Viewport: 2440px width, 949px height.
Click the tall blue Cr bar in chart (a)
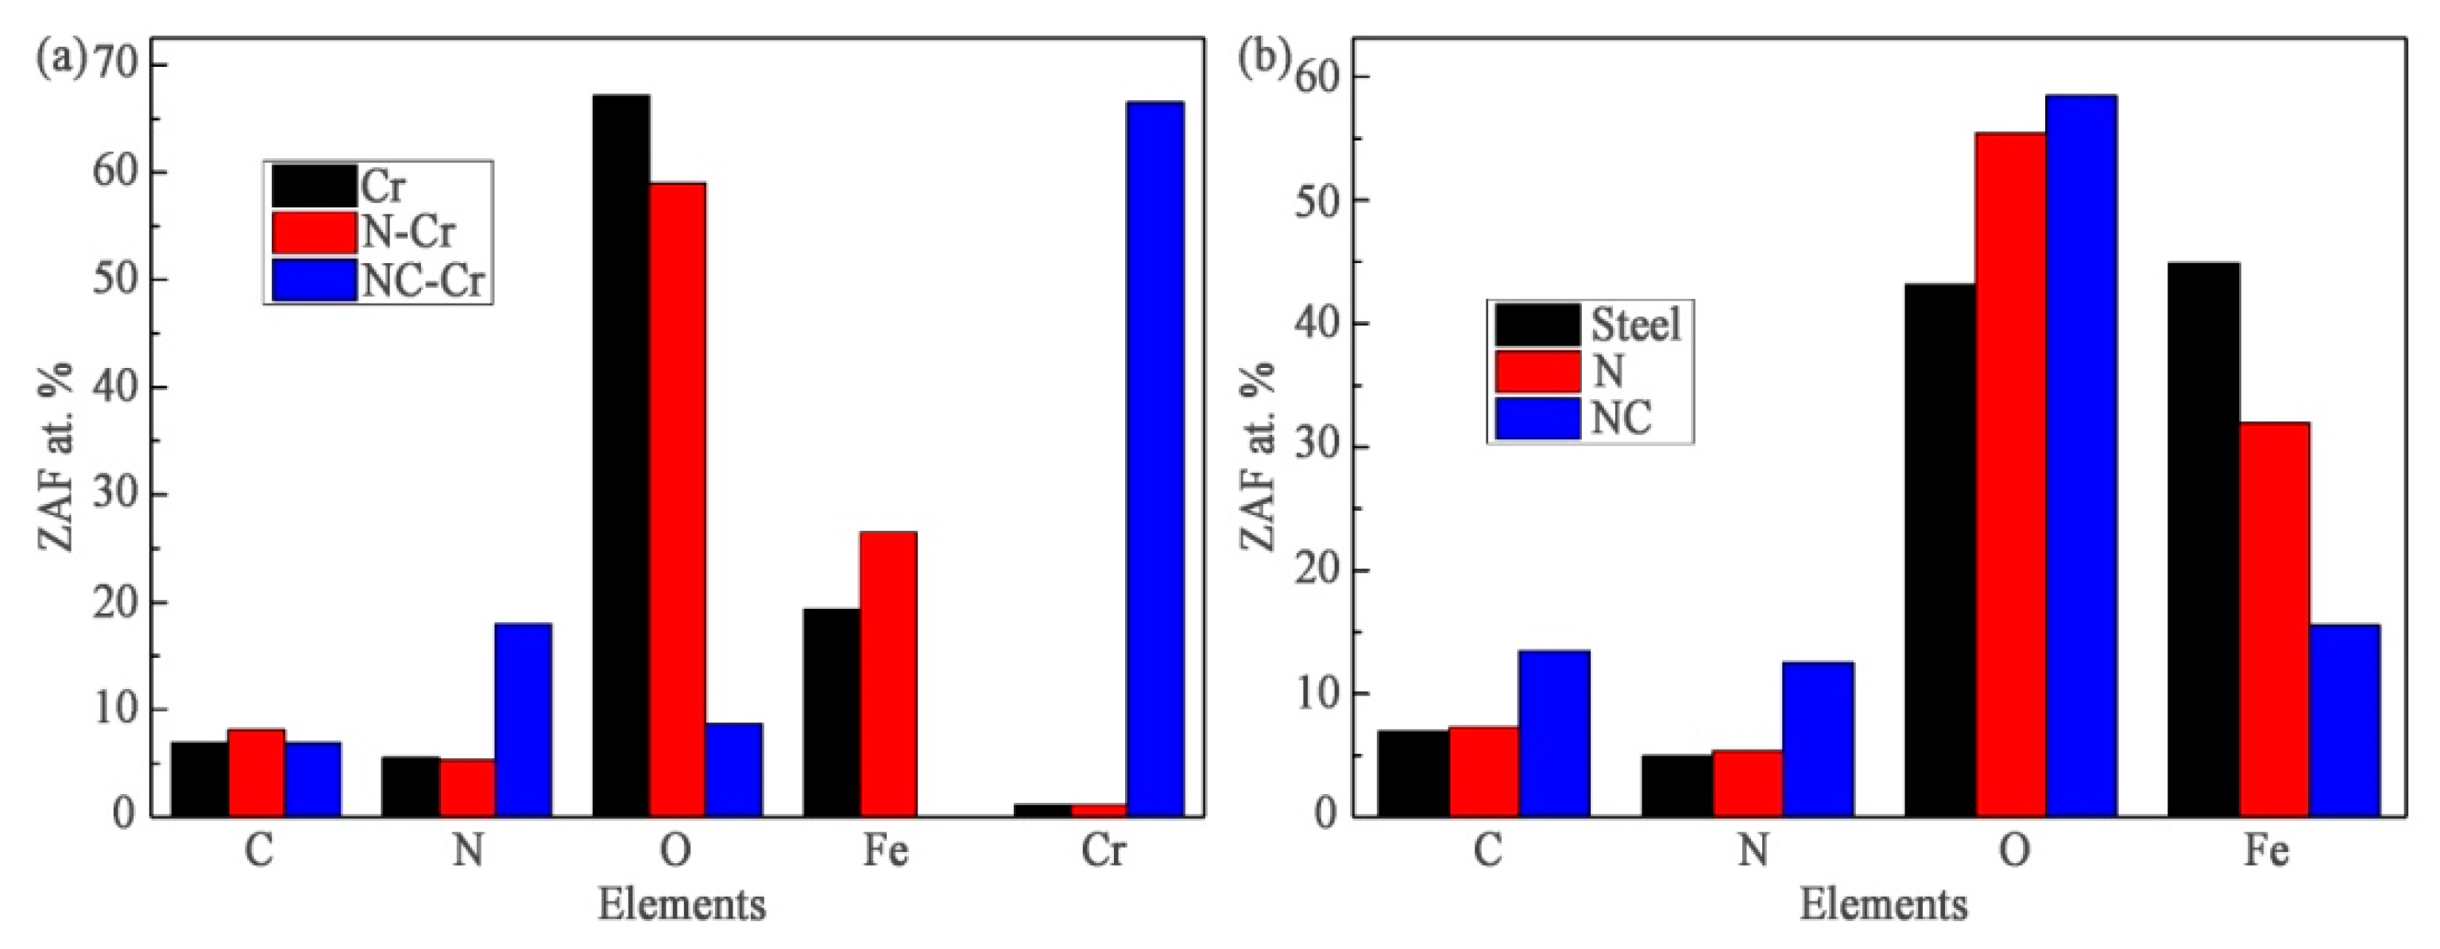pos(1154,459)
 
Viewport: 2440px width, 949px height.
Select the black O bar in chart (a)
pos(621,455)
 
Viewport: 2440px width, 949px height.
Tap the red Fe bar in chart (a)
pos(887,673)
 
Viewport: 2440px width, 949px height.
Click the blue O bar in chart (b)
pos(2081,455)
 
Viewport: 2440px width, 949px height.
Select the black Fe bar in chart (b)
pos(2203,539)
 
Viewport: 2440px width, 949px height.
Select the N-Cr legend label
pos(408,232)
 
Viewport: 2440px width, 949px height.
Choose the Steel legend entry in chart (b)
pos(1636,325)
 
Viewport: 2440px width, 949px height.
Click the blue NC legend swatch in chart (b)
pos(1537,418)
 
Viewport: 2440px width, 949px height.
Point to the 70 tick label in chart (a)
pos(114,64)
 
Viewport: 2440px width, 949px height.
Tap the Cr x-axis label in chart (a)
pos(1104,850)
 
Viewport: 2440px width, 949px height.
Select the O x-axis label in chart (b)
pos(2014,850)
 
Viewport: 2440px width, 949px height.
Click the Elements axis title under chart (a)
pos(681,904)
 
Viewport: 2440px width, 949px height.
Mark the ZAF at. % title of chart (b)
pos(1257,455)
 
